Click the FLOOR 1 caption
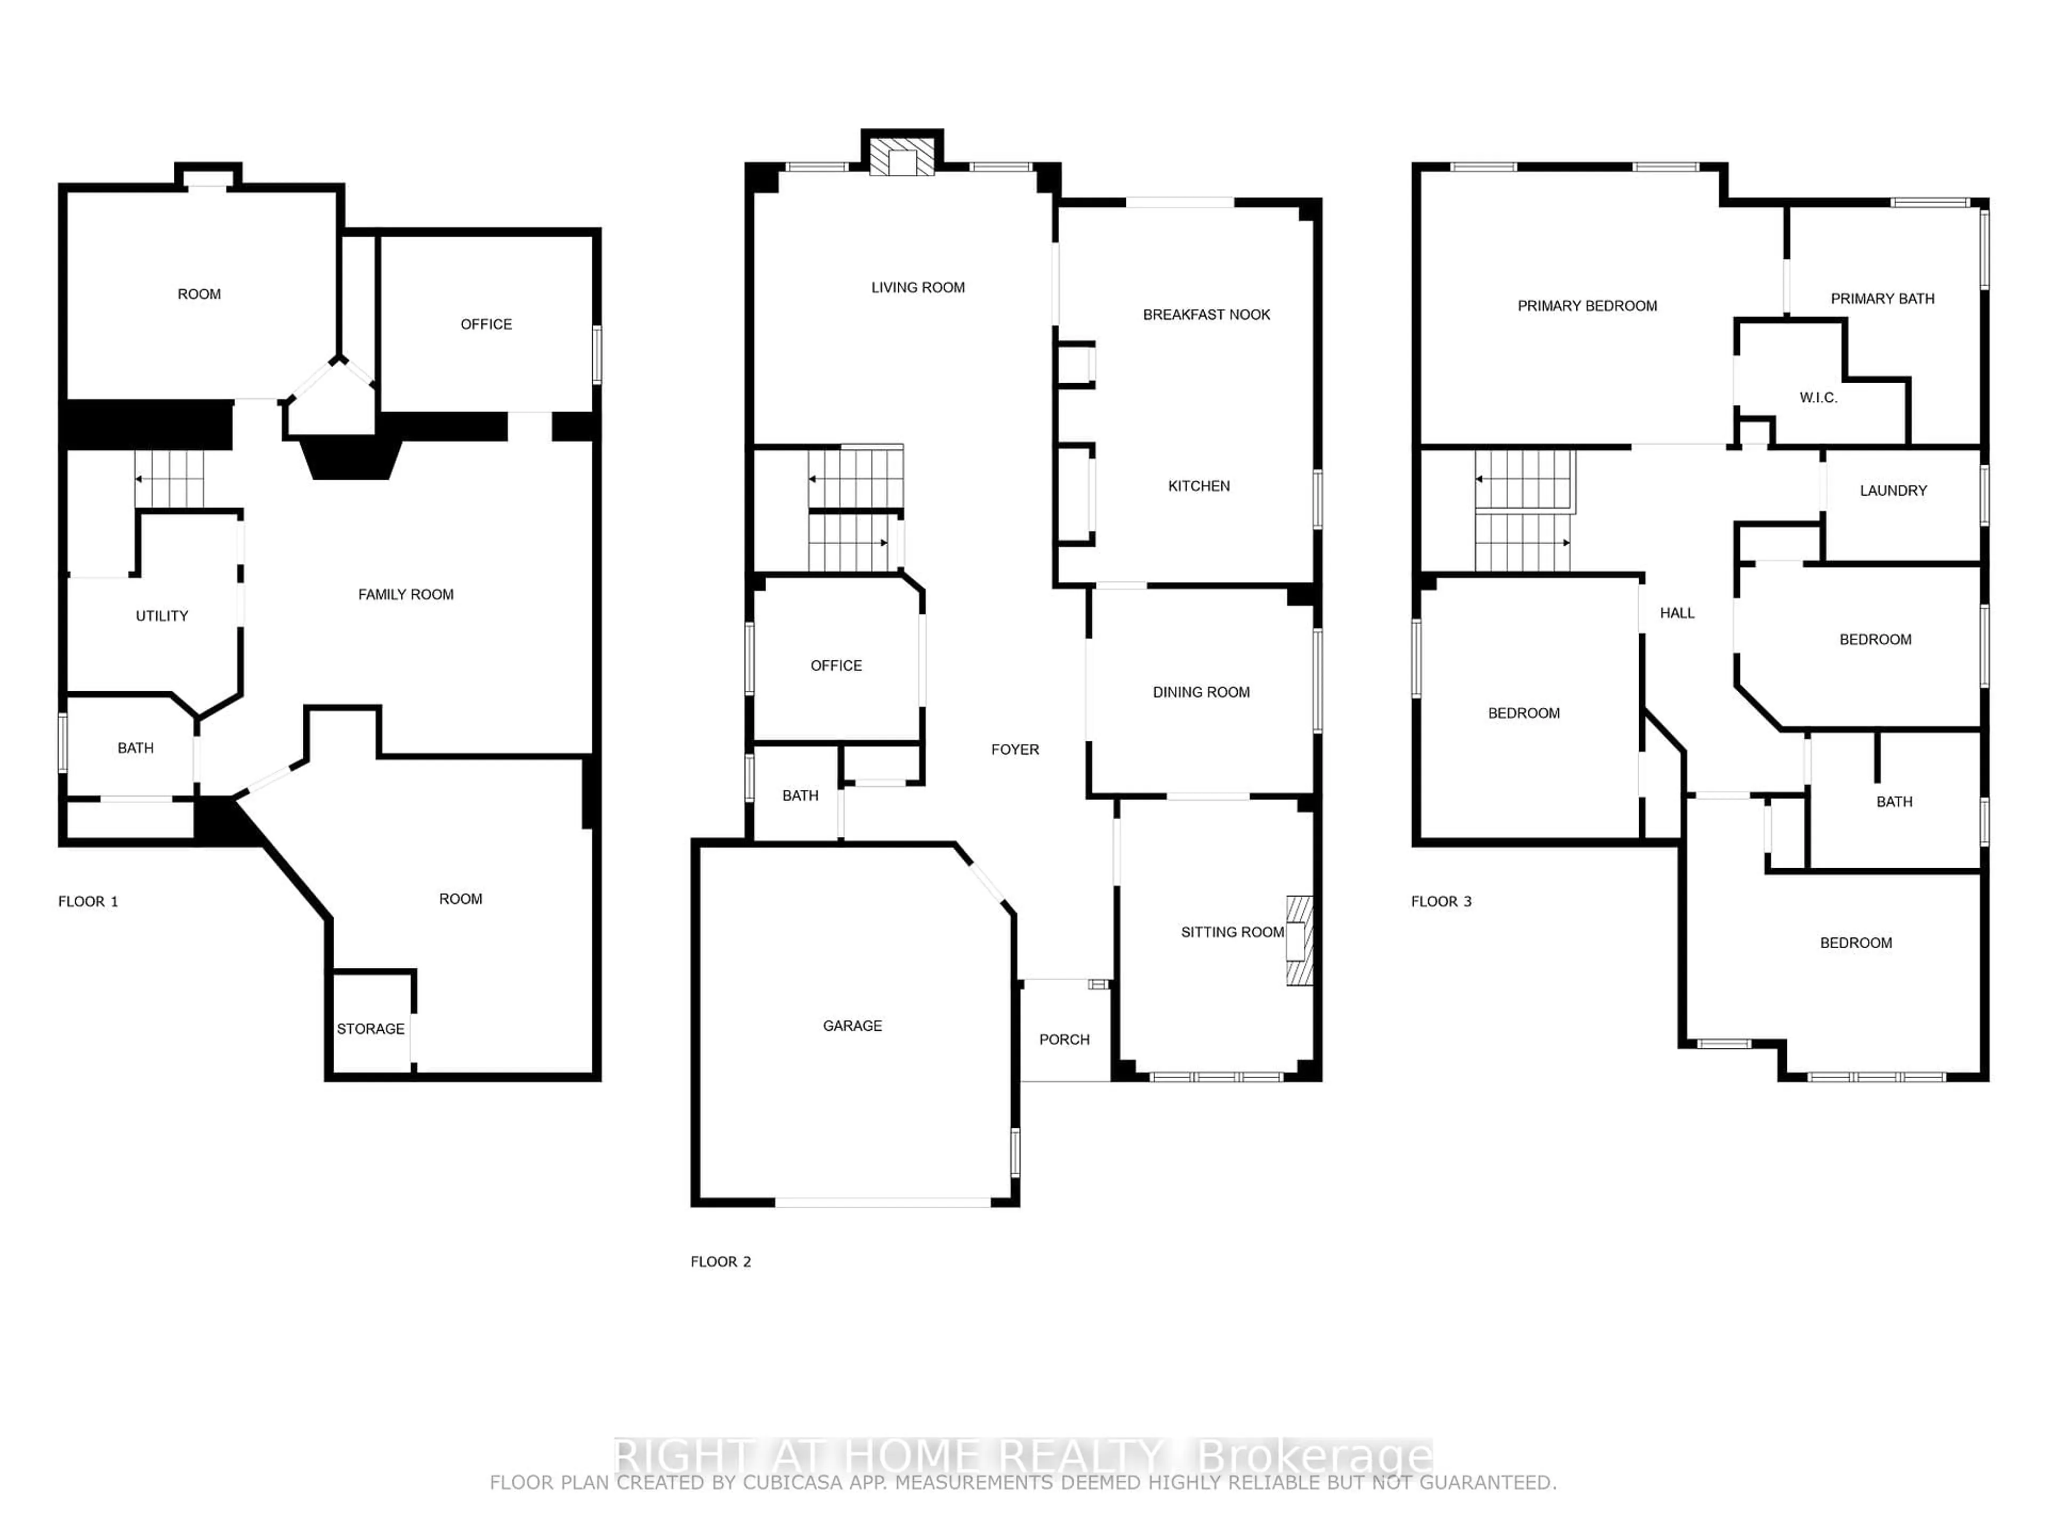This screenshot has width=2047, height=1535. pyautogui.click(x=88, y=901)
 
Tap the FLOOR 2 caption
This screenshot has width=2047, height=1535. pyautogui.click(x=720, y=1261)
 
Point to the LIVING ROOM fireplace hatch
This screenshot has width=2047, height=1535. pyautogui.click(x=901, y=158)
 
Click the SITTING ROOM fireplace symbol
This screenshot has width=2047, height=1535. pyautogui.click(x=1299, y=940)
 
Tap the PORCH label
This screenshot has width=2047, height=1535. pyautogui.click(x=1063, y=1039)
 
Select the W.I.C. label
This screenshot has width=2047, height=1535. pyautogui.click(x=1817, y=398)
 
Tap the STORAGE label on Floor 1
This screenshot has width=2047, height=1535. pyautogui.click(x=370, y=1029)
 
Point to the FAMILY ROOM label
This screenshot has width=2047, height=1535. pyautogui.click(x=405, y=595)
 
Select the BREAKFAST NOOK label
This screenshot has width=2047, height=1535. pyautogui.click(x=1206, y=314)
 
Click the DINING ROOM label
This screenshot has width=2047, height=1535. pyautogui.click(x=1200, y=692)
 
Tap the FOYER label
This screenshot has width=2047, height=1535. pyautogui.click(x=1014, y=749)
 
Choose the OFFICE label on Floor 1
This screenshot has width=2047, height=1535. pyautogui.click(x=486, y=324)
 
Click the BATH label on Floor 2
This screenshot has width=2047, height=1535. pyautogui.click(x=800, y=796)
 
